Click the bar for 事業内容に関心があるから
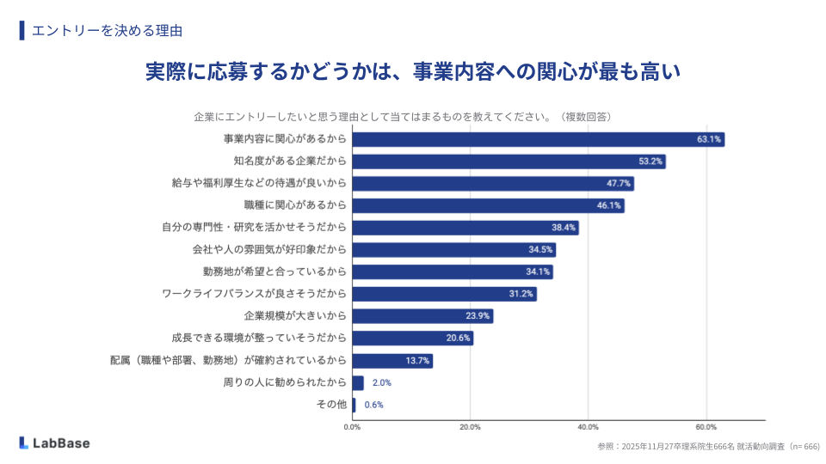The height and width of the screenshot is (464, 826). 538,139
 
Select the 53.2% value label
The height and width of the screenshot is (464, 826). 650,162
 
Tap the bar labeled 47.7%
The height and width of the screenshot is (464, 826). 492,183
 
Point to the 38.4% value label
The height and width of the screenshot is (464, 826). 564,228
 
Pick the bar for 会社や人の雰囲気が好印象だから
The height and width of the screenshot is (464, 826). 453,250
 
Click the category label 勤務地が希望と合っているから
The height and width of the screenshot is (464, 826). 274,272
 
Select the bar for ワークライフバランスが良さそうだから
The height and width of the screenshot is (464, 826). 444,294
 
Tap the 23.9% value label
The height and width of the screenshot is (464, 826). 478,316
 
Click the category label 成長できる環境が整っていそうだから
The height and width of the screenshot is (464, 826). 259,338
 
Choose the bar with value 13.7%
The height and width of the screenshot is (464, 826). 392,360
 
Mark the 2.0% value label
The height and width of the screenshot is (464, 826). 382,382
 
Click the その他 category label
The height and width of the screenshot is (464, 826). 332,405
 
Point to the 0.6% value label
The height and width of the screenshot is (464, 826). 373,405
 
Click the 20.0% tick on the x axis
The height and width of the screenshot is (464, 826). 470,426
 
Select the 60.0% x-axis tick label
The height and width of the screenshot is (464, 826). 706,426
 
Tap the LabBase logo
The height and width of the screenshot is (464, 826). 54,443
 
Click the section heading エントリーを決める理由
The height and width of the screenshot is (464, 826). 107,30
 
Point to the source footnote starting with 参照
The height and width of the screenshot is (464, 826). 709,447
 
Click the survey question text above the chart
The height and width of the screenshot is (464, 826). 402,116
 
